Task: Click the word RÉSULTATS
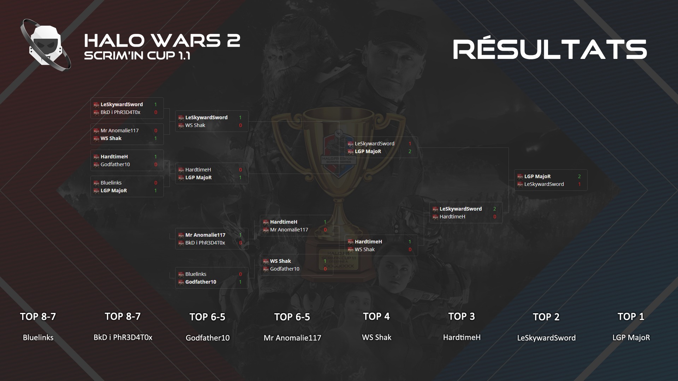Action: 550,49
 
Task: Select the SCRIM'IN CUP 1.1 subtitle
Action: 137,56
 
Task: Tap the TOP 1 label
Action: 631,317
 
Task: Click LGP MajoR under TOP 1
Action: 631,338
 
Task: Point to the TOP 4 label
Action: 376,317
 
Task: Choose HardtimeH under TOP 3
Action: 462,338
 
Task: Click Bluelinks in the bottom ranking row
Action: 38,338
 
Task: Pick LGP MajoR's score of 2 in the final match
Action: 579,176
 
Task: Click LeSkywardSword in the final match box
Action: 544,184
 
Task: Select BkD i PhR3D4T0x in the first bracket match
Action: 120,112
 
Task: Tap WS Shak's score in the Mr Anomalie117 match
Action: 155,138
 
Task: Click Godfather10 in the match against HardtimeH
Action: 115,164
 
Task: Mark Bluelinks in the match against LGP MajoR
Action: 111,183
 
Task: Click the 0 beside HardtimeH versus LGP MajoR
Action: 240,170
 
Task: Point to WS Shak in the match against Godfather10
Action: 280,261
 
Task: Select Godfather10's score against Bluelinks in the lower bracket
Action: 240,282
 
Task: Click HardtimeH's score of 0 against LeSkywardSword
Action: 495,217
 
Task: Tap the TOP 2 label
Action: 546,317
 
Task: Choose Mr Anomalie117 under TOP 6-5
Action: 292,338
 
